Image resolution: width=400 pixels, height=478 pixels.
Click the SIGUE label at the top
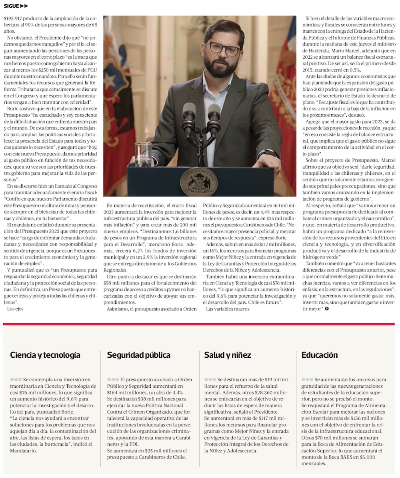click(x=11, y=6)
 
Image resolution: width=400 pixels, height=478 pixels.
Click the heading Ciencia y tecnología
click(x=45, y=355)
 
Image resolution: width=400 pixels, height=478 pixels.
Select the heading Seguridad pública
click(x=138, y=355)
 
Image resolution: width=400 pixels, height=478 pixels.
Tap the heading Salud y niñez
click(x=228, y=355)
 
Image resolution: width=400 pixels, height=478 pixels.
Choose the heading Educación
click(x=320, y=355)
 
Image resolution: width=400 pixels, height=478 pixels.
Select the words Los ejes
click(x=15, y=309)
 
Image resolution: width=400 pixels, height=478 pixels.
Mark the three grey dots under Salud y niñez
click(x=210, y=379)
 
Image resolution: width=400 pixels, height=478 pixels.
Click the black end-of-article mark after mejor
click(x=327, y=309)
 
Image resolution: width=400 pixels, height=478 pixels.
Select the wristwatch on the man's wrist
click(x=274, y=154)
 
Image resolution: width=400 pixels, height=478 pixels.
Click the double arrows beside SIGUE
click(x=24, y=6)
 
